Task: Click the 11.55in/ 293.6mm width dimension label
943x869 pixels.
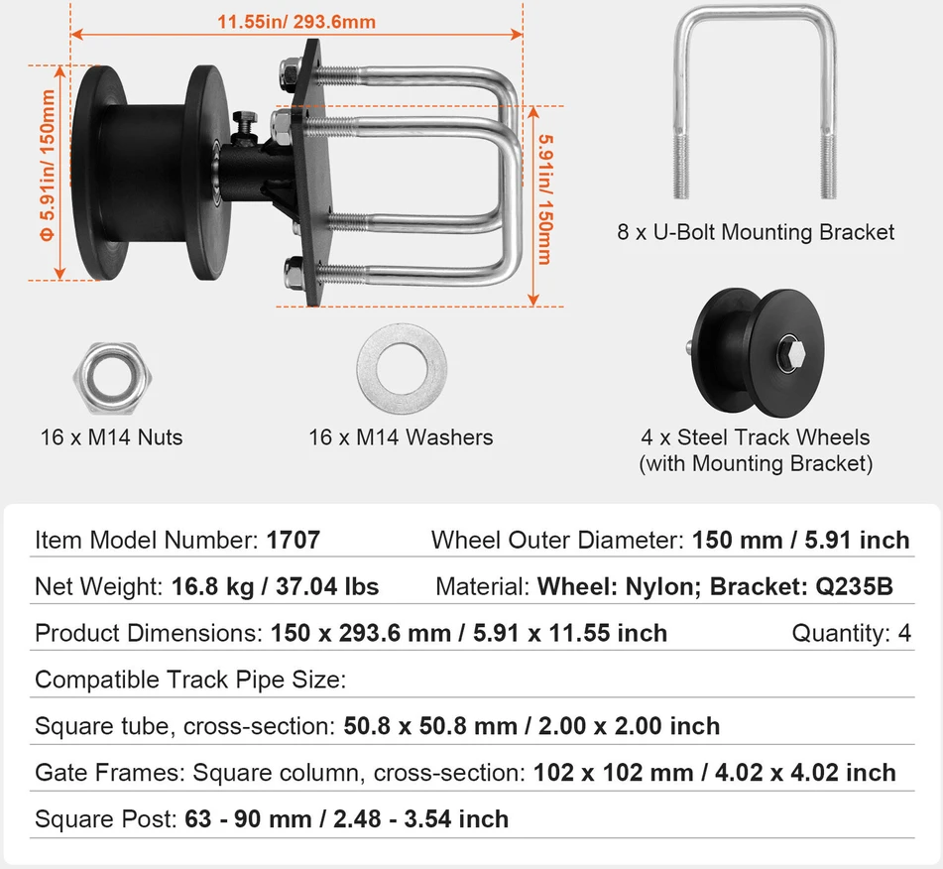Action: (x=296, y=22)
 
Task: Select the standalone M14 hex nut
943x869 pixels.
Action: (x=112, y=378)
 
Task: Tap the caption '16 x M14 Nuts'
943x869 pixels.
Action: (x=111, y=437)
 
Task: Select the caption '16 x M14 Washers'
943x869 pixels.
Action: (x=401, y=437)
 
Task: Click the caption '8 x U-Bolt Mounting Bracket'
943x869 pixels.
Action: (x=756, y=232)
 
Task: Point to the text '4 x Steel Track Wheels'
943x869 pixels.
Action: (x=756, y=437)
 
